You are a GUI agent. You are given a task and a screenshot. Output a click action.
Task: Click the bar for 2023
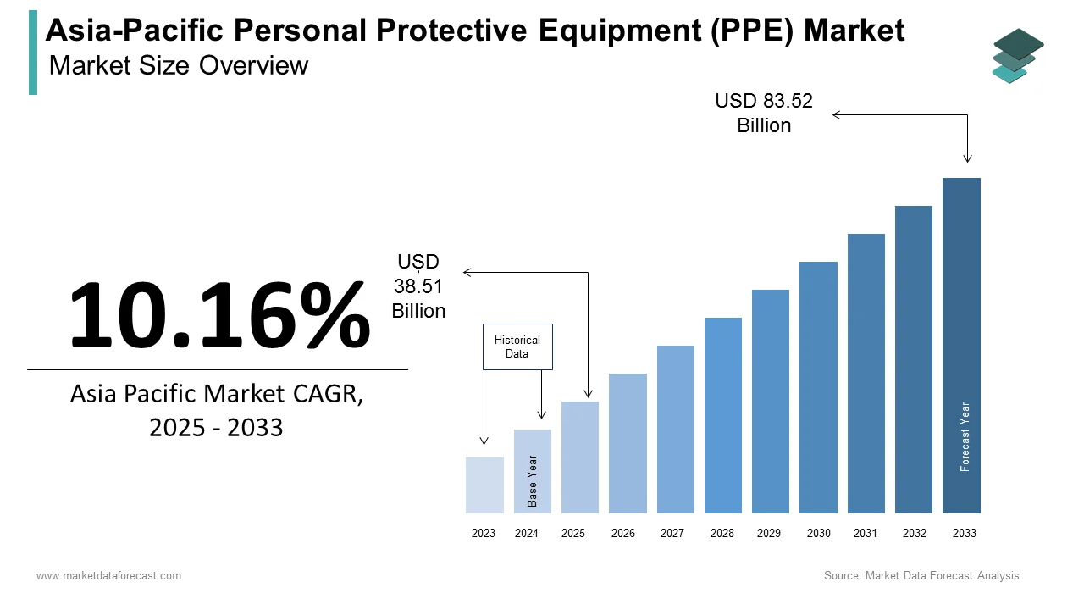[484, 485]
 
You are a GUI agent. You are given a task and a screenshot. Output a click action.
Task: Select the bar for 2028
[722, 415]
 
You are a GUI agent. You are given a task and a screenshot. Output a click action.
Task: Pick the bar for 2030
[818, 387]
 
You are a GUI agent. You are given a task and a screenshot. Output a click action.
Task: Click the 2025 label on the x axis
[573, 534]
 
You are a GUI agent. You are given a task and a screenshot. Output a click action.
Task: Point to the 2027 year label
[672, 534]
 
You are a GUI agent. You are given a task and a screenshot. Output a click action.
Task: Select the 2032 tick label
[915, 534]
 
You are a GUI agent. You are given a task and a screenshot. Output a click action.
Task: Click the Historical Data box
[517, 347]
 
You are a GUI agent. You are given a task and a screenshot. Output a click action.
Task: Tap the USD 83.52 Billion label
[764, 114]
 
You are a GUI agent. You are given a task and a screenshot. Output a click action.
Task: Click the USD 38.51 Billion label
[418, 287]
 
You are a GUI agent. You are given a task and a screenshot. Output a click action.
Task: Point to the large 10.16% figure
[219, 314]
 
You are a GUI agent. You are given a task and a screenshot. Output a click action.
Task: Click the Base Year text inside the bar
[533, 481]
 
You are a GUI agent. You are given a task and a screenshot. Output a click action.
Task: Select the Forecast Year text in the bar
[965, 436]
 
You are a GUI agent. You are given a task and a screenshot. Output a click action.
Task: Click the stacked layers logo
[1018, 56]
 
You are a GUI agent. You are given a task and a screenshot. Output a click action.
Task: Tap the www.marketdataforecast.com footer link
[108, 576]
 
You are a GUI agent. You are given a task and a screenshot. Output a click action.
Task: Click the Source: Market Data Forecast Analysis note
[921, 576]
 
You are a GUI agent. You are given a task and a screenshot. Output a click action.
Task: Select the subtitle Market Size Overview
[179, 65]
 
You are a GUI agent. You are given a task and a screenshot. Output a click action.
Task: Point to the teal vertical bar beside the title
[33, 53]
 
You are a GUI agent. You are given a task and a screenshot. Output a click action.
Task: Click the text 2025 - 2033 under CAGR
[216, 428]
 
